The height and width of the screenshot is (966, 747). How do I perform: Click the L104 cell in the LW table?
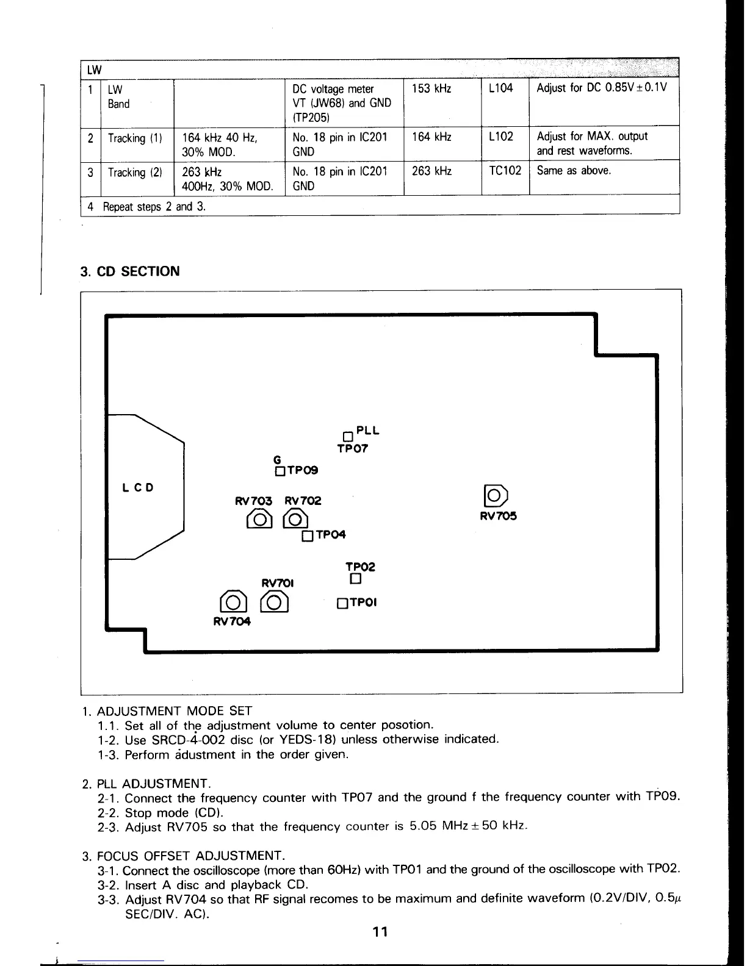pyautogui.click(x=501, y=88)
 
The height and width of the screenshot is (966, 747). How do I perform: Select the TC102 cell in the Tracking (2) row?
pyautogui.click(x=505, y=171)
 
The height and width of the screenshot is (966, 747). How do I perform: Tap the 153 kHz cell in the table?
pyautogui.click(x=431, y=88)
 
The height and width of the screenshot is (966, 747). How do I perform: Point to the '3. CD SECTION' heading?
pyautogui.click(x=130, y=271)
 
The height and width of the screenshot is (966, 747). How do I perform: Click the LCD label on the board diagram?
pyautogui.click(x=137, y=488)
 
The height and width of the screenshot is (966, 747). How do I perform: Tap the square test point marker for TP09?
pyautogui.click(x=280, y=471)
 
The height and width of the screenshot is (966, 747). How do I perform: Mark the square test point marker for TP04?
pyautogui.click(x=308, y=536)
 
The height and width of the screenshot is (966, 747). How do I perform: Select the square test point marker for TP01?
pyautogui.click(x=342, y=604)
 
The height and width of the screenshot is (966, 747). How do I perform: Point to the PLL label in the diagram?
pyautogui.click(x=368, y=431)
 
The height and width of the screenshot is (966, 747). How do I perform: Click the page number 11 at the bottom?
pyautogui.click(x=380, y=932)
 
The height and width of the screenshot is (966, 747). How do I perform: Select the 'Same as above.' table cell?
pyautogui.click(x=574, y=171)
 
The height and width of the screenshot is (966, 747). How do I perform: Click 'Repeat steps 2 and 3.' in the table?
pyautogui.click(x=154, y=207)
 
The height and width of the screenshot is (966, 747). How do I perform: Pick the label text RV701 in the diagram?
pyautogui.click(x=278, y=583)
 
